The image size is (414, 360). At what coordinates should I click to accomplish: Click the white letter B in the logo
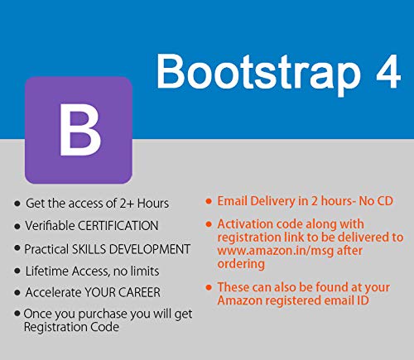(x=79, y=130)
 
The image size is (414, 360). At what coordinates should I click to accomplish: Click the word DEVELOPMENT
(x=154, y=248)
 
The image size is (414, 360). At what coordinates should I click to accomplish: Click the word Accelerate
(x=55, y=293)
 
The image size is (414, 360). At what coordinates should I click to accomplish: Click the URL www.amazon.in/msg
(x=269, y=250)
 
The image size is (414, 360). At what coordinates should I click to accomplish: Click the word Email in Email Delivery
(x=233, y=201)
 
